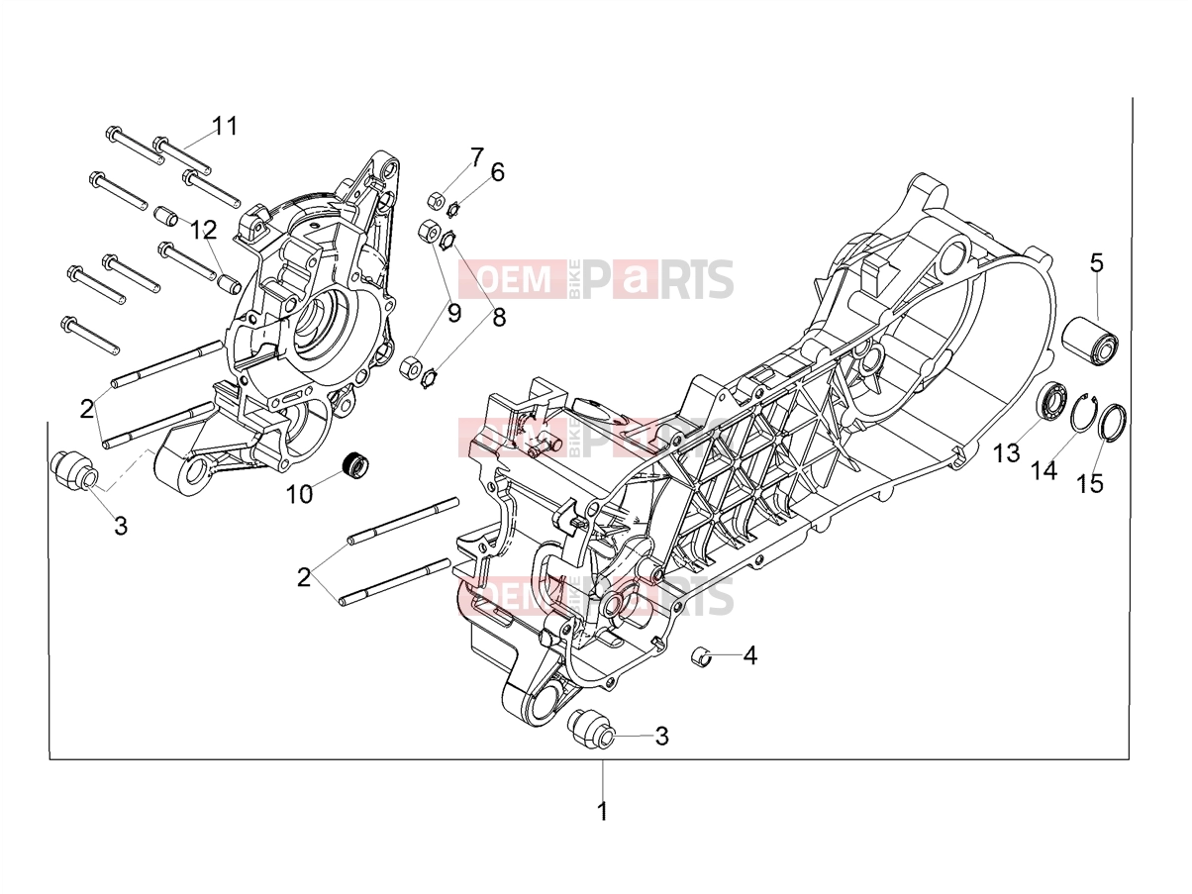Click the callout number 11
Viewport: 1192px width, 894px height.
tap(225, 126)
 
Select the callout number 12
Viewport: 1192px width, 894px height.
tap(204, 230)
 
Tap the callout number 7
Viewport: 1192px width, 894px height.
tap(476, 157)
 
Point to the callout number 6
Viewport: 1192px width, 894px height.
tap(497, 172)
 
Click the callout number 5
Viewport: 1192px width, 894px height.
tap(1096, 263)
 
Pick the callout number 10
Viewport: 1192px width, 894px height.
tap(299, 494)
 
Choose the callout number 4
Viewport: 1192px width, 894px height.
tap(750, 656)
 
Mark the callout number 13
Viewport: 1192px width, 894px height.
tap(1007, 453)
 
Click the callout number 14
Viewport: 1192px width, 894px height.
tap(1044, 470)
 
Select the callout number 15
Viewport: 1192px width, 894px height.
tap(1090, 484)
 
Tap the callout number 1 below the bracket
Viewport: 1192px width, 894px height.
tap(602, 826)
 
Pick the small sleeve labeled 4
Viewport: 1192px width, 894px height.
tap(702, 657)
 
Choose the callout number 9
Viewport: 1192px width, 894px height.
tap(454, 314)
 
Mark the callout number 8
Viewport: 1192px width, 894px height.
tap(499, 317)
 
